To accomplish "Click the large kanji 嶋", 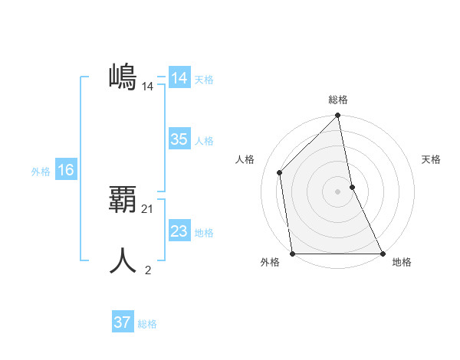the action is pos(123,77).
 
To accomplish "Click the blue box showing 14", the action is pos(179,79).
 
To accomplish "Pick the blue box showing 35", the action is pos(179,139).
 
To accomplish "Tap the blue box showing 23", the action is pos(179,231).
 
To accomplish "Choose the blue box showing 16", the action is pos(65,170).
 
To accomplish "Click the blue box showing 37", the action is pos(122,322).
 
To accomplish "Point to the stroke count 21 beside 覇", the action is pos(148,208).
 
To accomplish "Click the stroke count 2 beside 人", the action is pos(148,270).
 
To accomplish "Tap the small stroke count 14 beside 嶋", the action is pos(148,87).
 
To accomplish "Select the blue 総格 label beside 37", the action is pos(147,324).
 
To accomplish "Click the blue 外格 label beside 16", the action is pos(41,172).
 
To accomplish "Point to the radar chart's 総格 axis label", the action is pos(338,100).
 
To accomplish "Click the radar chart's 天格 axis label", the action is pos(431,159).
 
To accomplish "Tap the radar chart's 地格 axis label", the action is pos(402,263).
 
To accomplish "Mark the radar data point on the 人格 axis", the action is pos(280,172).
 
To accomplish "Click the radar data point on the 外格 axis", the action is pos(293,253).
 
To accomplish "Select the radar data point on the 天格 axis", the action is pos(352,187).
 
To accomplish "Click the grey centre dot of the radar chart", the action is pos(338,191).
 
